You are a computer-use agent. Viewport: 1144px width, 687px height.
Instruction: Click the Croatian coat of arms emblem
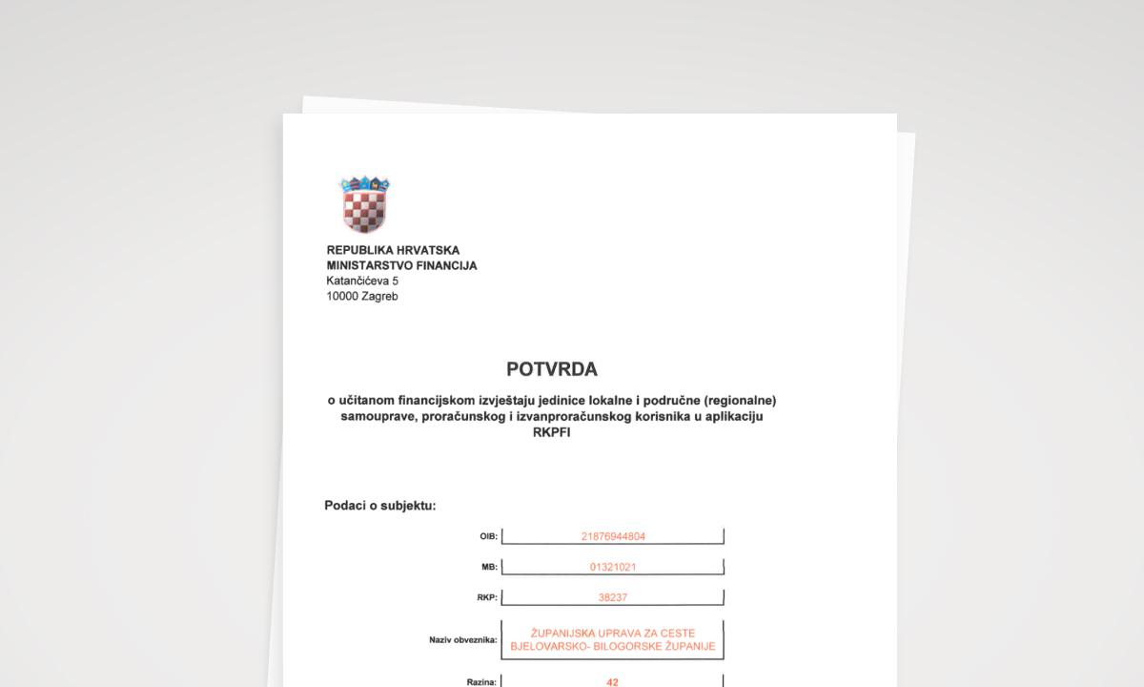coord(364,204)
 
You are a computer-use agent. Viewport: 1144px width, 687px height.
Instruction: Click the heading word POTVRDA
coord(552,369)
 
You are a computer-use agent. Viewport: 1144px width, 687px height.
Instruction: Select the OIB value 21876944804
coord(613,536)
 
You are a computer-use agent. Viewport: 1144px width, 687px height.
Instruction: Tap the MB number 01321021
coord(613,567)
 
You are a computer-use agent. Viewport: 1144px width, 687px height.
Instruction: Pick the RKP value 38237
coord(613,598)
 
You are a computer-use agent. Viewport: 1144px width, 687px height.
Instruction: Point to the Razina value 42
coord(613,683)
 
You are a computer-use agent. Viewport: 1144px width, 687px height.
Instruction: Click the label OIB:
coord(488,536)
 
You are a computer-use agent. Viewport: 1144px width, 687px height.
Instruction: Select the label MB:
coord(489,567)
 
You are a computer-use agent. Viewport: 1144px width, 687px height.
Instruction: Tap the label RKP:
coord(487,598)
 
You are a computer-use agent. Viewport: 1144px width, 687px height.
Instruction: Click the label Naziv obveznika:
coord(463,639)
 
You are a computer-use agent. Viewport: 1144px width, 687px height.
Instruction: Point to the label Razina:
coord(481,683)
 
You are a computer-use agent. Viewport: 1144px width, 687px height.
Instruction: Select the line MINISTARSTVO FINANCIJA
coord(401,265)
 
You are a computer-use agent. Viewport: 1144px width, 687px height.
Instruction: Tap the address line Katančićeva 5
coord(362,281)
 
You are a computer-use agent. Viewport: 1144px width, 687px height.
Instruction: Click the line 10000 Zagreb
coord(362,296)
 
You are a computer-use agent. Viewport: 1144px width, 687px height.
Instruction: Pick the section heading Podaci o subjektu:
coord(380,505)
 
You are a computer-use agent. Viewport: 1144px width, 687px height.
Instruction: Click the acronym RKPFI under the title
coord(552,431)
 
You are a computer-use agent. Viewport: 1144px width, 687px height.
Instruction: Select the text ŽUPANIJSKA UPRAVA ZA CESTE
coord(613,633)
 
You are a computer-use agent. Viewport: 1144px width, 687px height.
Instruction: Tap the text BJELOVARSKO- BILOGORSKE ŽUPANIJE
coord(613,647)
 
